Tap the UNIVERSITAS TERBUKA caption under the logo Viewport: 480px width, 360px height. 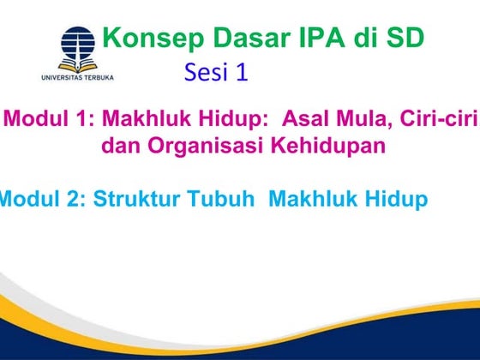coord(78,77)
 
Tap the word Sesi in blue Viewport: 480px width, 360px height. coord(203,73)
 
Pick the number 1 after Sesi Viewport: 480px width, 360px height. coord(243,73)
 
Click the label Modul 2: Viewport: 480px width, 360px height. coord(41,200)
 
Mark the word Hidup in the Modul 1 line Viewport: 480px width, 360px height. coord(225,119)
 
